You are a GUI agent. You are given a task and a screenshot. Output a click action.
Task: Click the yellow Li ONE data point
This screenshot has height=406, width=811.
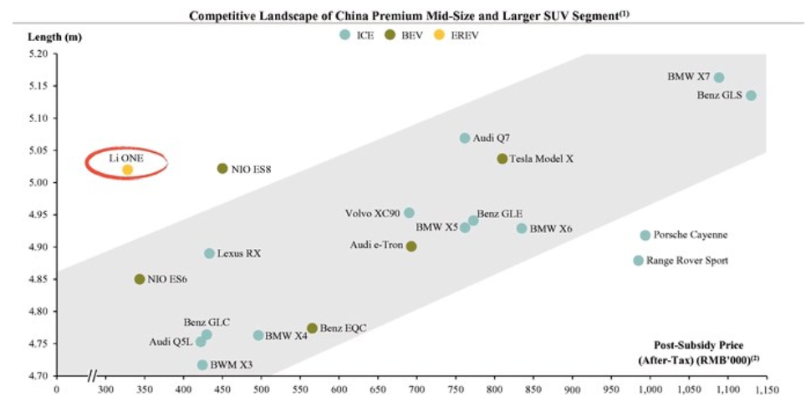[127, 170]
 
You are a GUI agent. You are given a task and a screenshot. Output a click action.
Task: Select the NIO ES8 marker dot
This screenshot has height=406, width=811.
[222, 169]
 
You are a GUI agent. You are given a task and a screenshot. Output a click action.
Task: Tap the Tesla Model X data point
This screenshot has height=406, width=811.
[502, 159]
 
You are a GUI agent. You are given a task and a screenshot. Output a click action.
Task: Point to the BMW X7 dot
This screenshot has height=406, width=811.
[719, 78]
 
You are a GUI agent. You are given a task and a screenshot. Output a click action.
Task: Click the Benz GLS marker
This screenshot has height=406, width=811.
[751, 95]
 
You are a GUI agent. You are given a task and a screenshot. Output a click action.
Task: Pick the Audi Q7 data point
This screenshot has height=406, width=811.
[465, 138]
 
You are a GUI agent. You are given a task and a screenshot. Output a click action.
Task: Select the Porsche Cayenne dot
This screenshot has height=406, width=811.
[645, 236]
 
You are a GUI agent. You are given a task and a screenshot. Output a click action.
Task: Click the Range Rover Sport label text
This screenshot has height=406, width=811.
[692, 261]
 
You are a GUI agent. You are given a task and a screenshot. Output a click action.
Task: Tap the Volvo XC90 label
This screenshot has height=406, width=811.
[372, 213]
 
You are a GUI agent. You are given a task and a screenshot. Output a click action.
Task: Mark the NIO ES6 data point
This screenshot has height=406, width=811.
[140, 279]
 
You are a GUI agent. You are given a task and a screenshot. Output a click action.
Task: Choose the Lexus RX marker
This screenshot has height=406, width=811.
[209, 253]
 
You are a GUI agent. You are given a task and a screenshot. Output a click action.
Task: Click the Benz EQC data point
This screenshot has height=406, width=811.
[312, 328]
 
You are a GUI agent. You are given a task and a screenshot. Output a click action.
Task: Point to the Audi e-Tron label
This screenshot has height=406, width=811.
[376, 246]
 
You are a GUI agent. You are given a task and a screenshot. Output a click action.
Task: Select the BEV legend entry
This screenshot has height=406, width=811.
[405, 34]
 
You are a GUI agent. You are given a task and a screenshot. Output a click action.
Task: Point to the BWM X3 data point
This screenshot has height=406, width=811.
[202, 365]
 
